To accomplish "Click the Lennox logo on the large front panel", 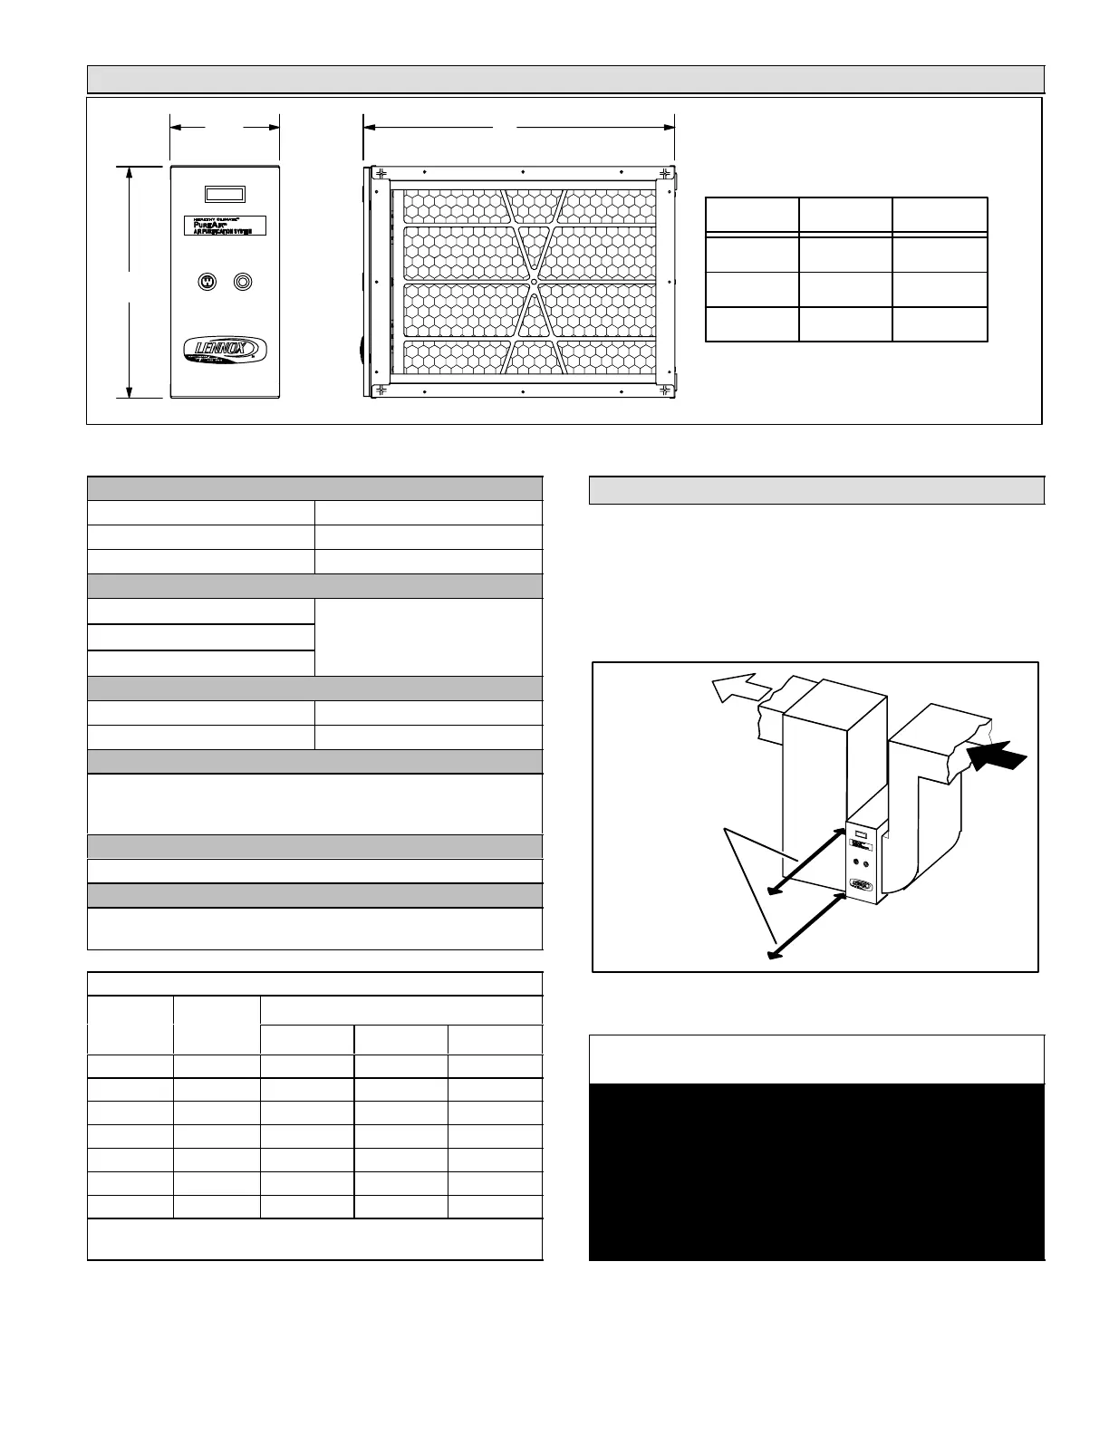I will pyautogui.click(x=225, y=350).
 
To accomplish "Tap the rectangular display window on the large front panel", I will pyautogui.click(x=225, y=194).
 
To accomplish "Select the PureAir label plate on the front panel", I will pyautogui.click(x=225, y=225).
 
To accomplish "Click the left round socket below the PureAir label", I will pyautogui.click(x=207, y=282).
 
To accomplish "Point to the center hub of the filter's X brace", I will pyautogui.click(x=534, y=282).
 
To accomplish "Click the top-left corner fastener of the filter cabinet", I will pyautogui.click(x=381, y=173).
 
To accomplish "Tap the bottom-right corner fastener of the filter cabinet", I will pyautogui.click(x=666, y=390).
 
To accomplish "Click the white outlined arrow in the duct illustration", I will pyautogui.click(x=736, y=689).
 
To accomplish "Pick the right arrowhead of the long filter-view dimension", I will pyautogui.click(x=670, y=128).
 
